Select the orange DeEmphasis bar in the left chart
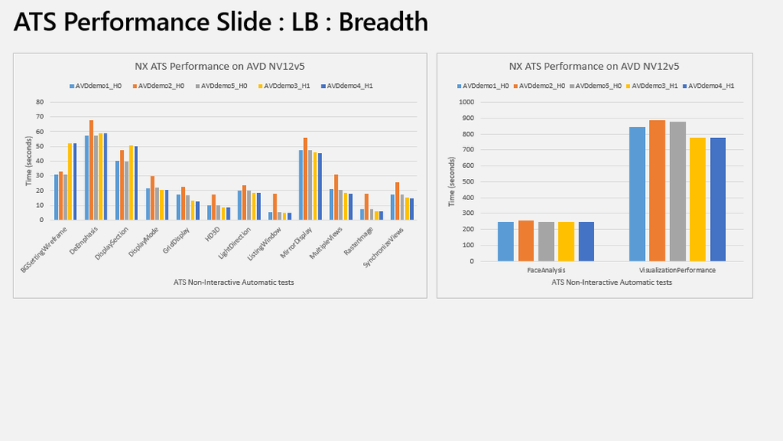point(92,169)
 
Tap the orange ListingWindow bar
point(274,206)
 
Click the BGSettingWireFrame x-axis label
point(45,250)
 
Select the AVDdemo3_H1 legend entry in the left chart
point(283,85)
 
